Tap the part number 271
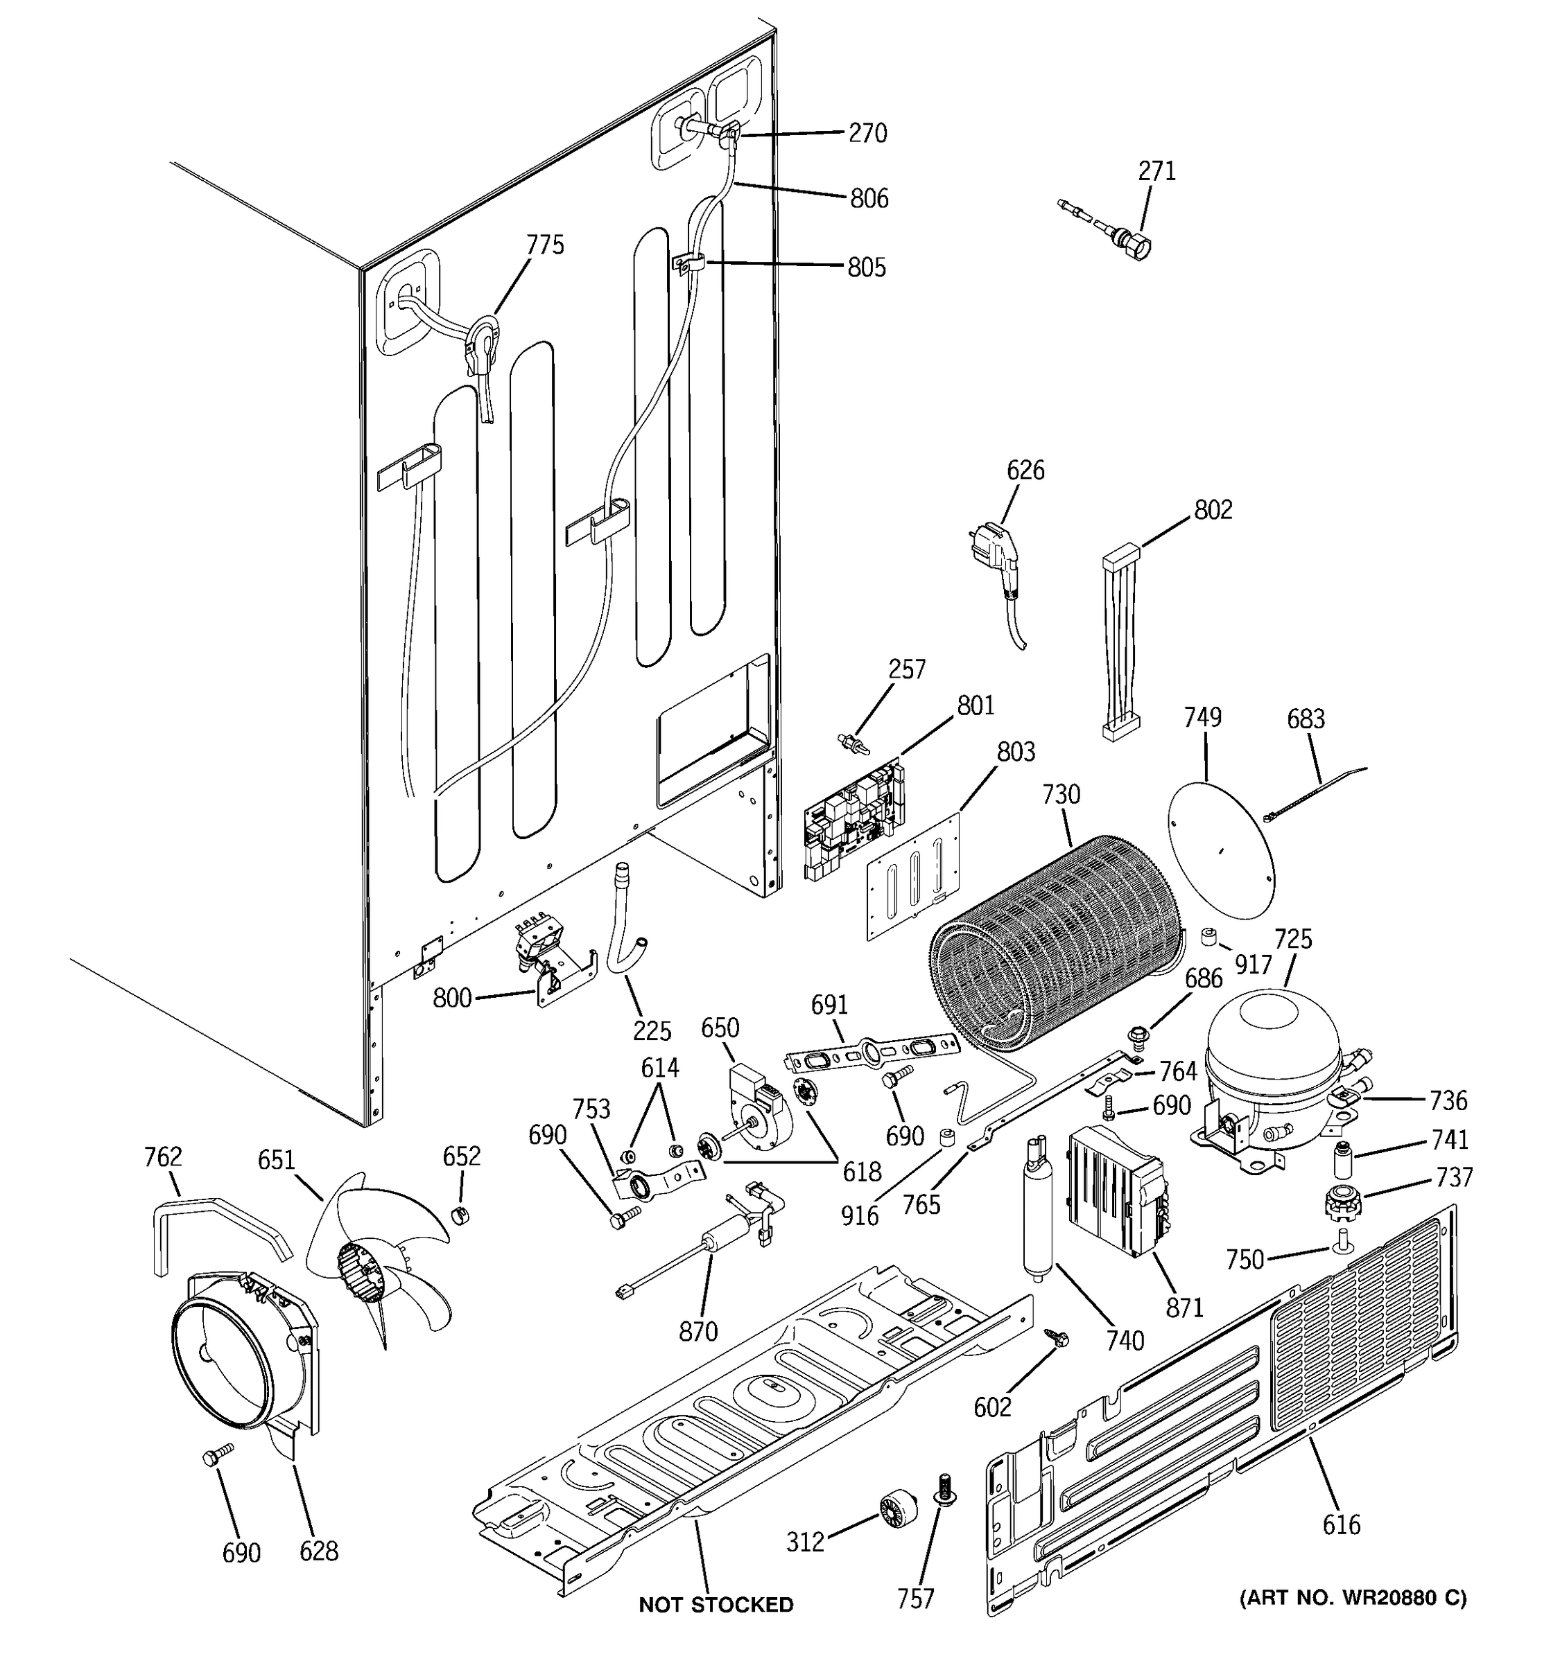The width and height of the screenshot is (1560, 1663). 1156,171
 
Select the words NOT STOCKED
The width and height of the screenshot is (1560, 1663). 716,1604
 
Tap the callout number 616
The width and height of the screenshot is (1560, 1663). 1341,1524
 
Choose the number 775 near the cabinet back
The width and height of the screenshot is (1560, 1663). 545,245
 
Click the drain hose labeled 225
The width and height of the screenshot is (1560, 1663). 624,929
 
